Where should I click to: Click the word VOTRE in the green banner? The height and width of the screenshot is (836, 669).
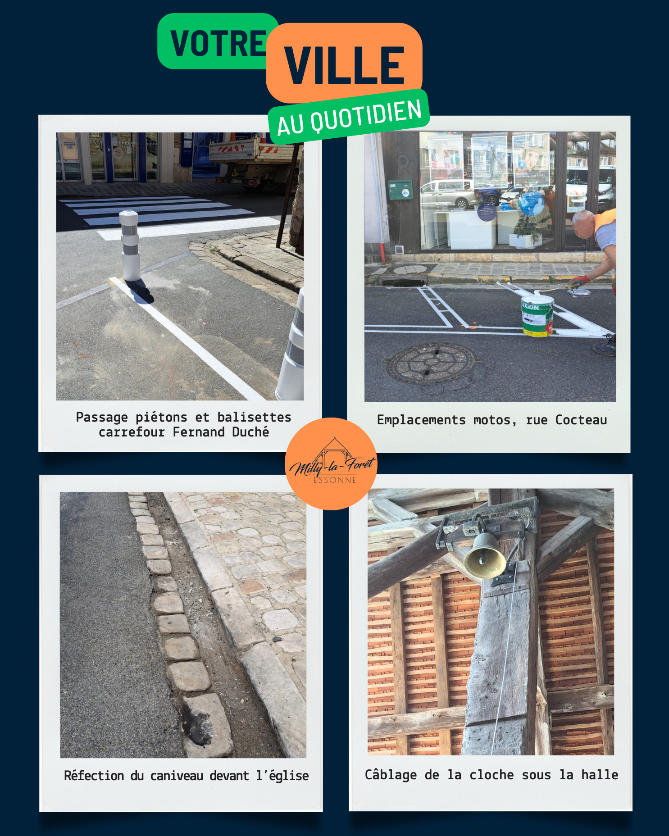pos(218,43)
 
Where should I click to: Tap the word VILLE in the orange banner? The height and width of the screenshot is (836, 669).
pos(344,65)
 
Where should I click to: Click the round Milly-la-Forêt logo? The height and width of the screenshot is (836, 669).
pos(331,463)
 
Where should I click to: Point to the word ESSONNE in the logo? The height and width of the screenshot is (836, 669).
pos(335,480)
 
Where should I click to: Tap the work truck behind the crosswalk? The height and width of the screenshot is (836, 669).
pos(255,163)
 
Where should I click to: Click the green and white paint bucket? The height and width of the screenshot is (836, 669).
pos(537,316)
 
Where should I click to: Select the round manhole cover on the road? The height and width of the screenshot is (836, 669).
pos(431,363)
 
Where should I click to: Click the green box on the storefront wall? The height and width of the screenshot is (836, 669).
pos(400,190)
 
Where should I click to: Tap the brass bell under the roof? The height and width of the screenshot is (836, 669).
pos(485,556)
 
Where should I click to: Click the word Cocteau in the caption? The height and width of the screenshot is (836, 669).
pos(581,420)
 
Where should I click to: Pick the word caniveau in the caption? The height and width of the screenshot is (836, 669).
pos(177,776)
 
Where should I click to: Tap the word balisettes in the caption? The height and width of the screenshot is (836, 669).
pos(254,417)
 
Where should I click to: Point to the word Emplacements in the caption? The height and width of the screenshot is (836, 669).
pos(421,420)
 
